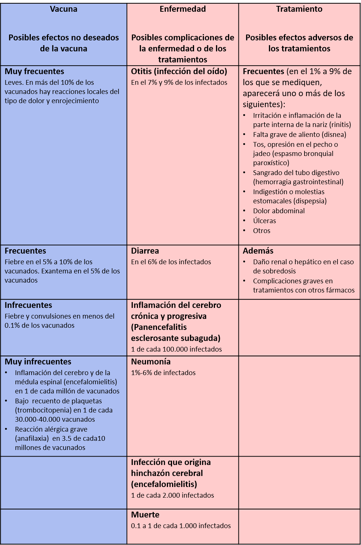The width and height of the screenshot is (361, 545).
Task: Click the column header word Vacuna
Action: pos(63,9)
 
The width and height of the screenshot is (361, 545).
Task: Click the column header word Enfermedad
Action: pos(183,9)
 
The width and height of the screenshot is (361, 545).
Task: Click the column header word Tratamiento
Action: pos(299,9)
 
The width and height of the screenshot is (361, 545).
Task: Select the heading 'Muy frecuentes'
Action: pos(34,72)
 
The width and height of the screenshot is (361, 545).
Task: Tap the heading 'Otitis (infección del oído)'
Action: pos(179,72)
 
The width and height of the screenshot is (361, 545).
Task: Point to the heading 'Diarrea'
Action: pos(145,251)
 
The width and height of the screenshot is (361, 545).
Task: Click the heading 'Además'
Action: pos(258,251)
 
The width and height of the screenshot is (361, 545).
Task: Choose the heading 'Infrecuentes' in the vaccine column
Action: pos(28,305)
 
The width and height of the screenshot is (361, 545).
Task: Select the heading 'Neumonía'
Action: pos(151,362)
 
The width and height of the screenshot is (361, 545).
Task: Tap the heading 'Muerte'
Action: pos(145,515)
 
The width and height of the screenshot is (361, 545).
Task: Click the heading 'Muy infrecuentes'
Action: pos(38,362)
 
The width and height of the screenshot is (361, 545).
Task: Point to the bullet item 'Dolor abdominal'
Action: pos(279,211)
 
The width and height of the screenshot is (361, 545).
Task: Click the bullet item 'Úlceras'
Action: pos(265,221)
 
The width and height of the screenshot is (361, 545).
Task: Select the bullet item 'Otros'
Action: pos(262,231)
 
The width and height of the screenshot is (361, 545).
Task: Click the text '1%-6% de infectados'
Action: pos(163,373)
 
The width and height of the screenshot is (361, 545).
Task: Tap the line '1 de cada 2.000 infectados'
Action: pos(172,495)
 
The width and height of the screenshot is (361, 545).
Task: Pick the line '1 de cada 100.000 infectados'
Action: pos(176,349)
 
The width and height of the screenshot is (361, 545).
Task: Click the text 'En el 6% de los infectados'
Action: pos(171,262)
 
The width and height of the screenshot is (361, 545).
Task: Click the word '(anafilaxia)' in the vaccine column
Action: pos(32,439)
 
